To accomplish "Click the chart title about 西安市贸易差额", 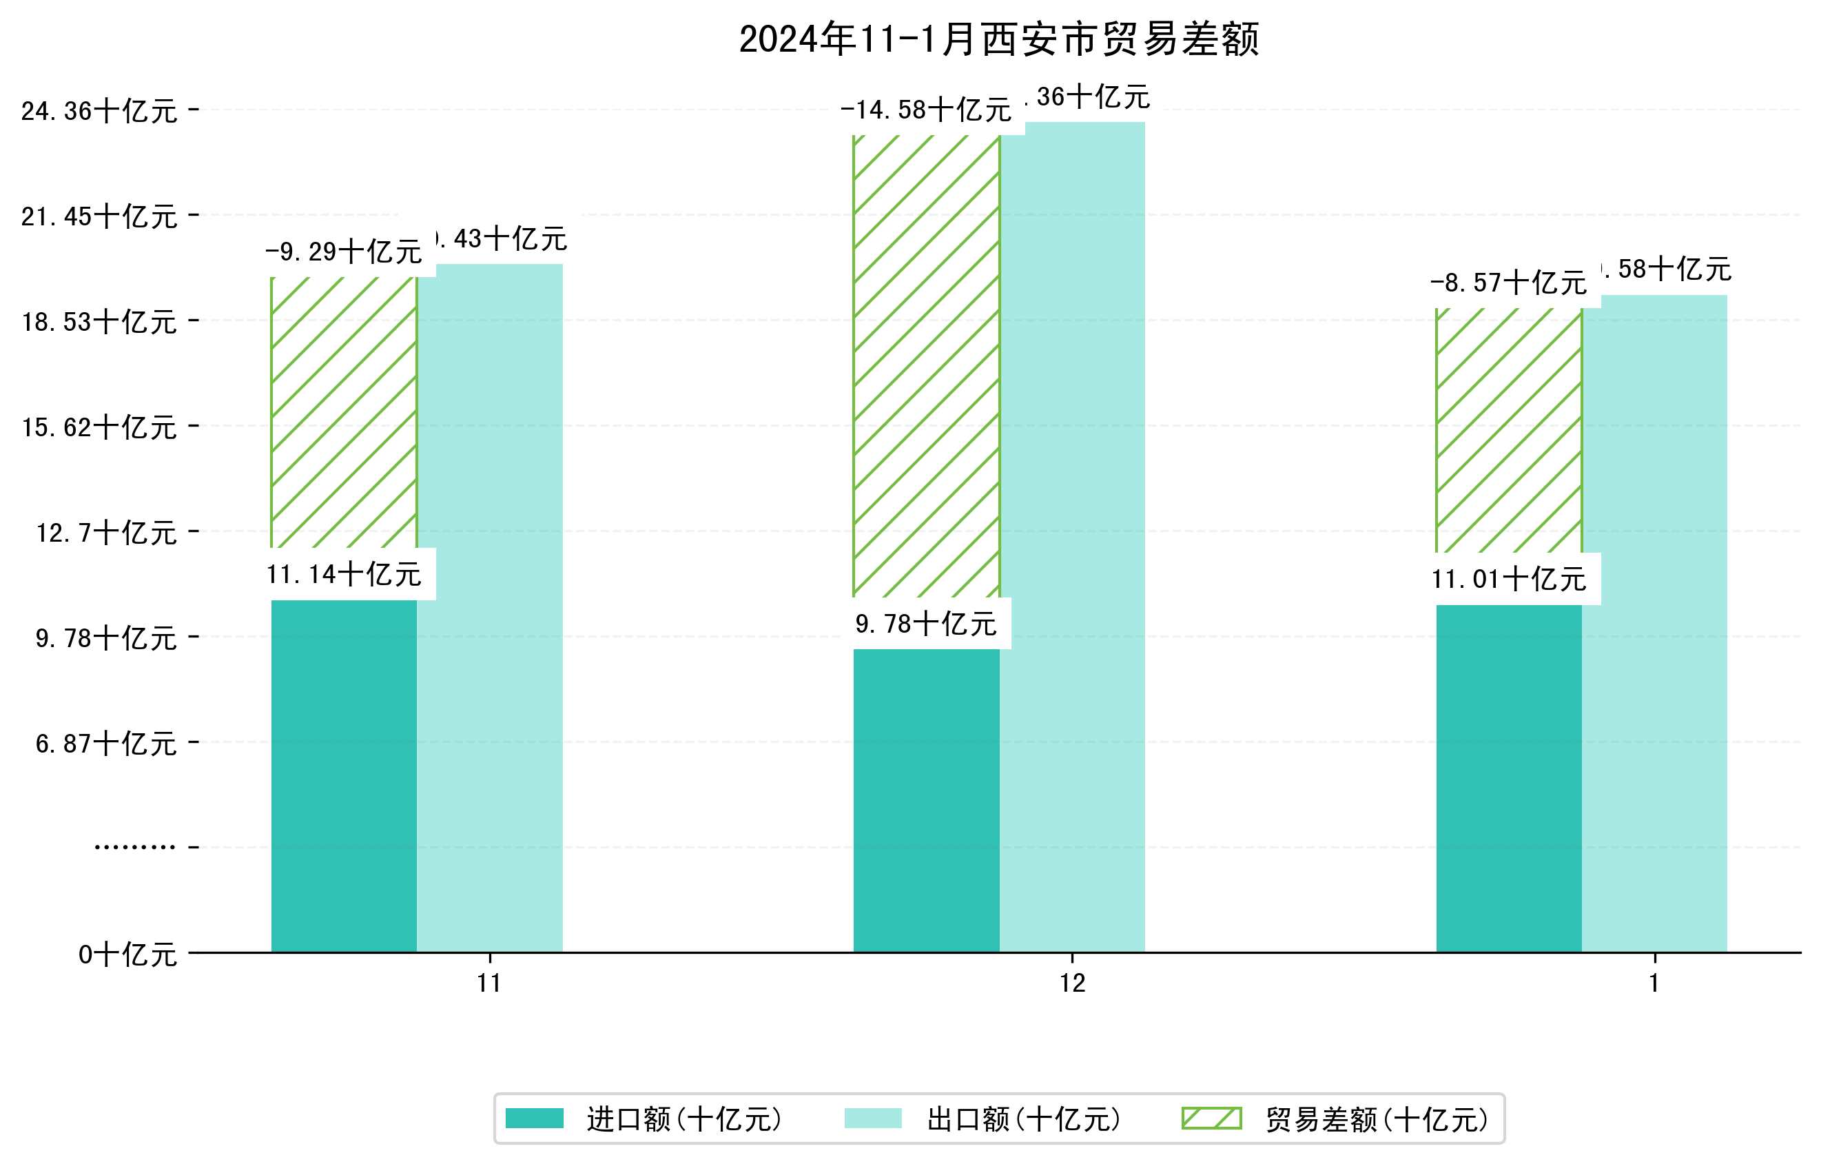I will (999, 39).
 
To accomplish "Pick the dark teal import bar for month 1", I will (1509, 778).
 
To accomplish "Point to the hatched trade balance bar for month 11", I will (344, 412).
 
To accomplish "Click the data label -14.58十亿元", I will (925, 110).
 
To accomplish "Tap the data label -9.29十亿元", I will (344, 252).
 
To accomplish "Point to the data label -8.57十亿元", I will (1509, 283).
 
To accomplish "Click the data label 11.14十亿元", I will (344, 575).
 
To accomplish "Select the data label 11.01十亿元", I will (1509, 580).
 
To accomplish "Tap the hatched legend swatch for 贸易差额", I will (1211, 1119).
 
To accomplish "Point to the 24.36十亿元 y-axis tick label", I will (99, 111).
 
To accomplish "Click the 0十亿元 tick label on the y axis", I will (127, 954).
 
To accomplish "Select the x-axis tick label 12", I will (1072, 983).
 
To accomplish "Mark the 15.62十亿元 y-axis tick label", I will (99, 427).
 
